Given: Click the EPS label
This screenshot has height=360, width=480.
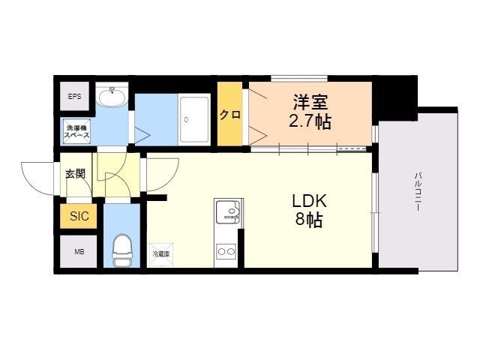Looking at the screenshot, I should [75, 97].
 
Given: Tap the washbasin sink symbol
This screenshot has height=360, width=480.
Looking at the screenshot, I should [114, 97].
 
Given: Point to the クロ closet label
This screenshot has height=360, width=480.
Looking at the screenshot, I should [230, 115].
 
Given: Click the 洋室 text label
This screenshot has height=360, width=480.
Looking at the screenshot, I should [310, 101].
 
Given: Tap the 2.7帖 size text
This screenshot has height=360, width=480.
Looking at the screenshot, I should [310, 121].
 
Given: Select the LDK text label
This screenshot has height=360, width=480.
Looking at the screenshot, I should [309, 202].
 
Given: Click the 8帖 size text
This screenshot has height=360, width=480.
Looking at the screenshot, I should [309, 221].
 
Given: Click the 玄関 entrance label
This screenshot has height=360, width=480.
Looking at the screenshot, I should [75, 174].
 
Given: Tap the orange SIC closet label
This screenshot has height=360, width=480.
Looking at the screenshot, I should [79, 217].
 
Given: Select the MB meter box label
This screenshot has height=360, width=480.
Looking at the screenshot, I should [79, 251].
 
